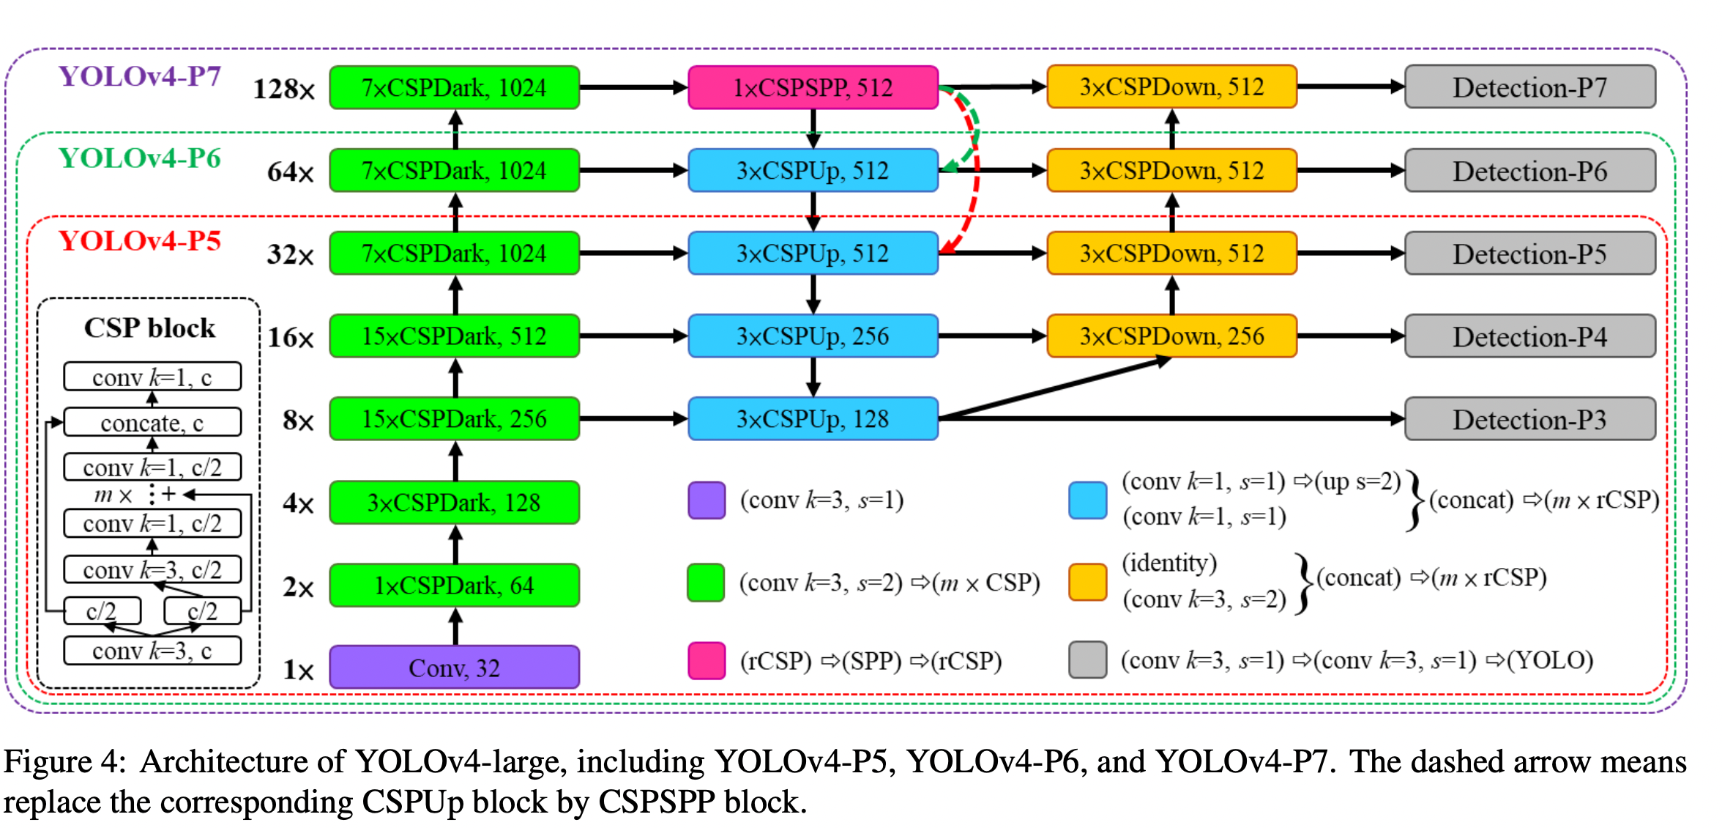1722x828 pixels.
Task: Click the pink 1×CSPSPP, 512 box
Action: pyautogui.click(x=813, y=88)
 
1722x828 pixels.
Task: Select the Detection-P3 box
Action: pyautogui.click(x=1529, y=419)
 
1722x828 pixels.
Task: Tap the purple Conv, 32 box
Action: pyautogui.click(x=454, y=668)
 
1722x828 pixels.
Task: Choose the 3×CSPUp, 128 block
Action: pyautogui.click(x=813, y=419)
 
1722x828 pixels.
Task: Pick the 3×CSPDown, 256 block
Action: pyautogui.click(x=1171, y=336)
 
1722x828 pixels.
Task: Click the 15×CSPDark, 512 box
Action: pyautogui.click(x=454, y=336)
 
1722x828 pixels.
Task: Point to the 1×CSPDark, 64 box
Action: pyautogui.click(x=454, y=585)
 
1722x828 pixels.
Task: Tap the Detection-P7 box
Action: pyautogui.click(x=1529, y=87)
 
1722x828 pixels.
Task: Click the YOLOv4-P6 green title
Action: pyautogui.click(x=140, y=158)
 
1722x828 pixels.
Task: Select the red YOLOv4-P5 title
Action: pyautogui.click(x=140, y=241)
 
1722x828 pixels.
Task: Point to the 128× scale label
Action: pyautogui.click(x=284, y=89)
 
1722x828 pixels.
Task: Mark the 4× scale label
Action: pyautogui.click(x=299, y=504)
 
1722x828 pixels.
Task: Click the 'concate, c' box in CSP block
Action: pyautogui.click(x=152, y=422)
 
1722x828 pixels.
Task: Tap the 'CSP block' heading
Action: pyautogui.click(x=149, y=328)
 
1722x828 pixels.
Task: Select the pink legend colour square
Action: pyautogui.click(x=707, y=660)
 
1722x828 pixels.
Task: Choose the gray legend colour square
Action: pyautogui.click(x=1087, y=659)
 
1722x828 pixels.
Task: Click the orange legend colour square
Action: pyautogui.click(x=1087, y=582)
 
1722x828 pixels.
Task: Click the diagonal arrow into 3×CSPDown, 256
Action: pyautogui.click(x=1054, y=388)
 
